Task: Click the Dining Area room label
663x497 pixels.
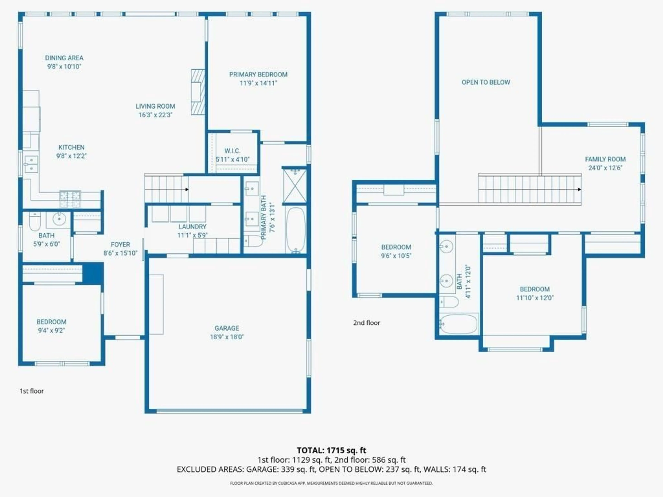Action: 64,58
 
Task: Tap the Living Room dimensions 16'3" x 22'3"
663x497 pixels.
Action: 155,115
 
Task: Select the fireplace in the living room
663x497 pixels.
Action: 198,92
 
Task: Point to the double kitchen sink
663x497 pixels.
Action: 31,164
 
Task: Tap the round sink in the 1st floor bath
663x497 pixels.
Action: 59,219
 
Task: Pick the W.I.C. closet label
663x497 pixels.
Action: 232,151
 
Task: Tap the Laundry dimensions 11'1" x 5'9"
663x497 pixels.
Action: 193,235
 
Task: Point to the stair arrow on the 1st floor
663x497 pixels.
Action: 187,189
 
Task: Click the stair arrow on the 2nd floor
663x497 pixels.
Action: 579,189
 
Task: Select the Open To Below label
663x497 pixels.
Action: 486,82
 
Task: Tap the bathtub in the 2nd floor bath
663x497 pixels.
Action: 459,324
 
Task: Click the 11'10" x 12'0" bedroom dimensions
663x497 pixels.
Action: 535,298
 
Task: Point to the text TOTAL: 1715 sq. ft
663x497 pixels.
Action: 331,450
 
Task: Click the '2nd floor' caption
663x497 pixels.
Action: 366,323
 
